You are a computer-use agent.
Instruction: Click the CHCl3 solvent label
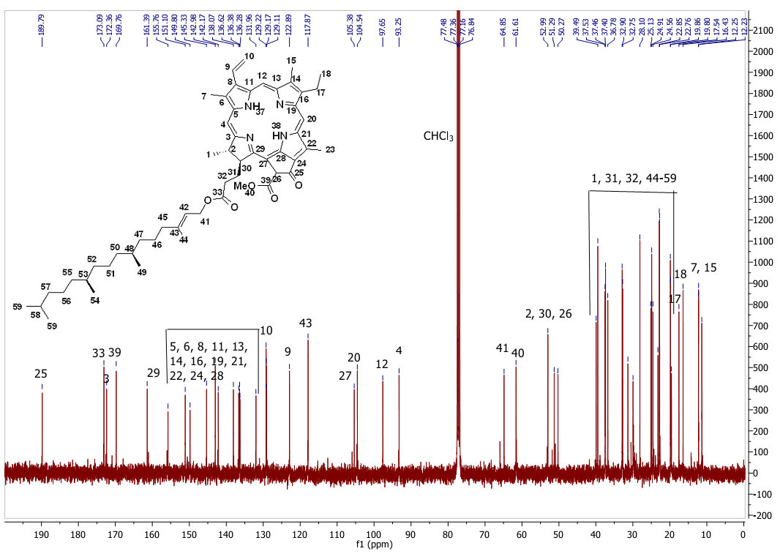(438, 137)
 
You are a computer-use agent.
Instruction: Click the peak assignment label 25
(41, 374)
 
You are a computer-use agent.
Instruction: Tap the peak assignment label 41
(503, 348)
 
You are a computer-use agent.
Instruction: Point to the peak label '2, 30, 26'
(549, 314)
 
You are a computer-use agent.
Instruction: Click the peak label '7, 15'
(704, 268)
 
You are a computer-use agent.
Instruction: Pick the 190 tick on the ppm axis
(42, 534)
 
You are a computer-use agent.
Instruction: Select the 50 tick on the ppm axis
(559, 534)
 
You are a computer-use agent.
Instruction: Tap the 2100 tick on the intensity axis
(762, 31)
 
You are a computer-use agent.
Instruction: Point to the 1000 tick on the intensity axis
(762, 262)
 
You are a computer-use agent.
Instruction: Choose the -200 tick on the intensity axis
(762, 515)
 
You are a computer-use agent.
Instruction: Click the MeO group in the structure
(244, 186)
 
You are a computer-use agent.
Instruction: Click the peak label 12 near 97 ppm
(382, 364)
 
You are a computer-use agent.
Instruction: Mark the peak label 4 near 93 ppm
(399, 351)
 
